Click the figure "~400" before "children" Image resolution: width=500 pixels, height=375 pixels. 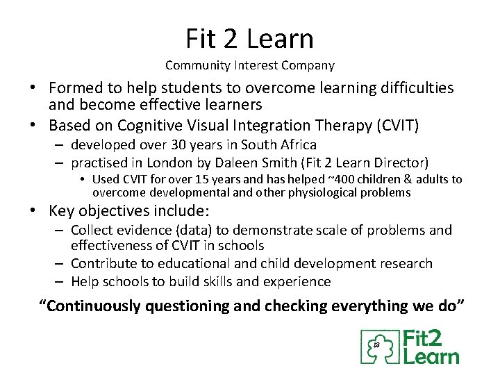pyautogui.click(x=306, y=180)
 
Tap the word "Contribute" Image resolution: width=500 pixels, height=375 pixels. pyautogui.click(x=104, y=264)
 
